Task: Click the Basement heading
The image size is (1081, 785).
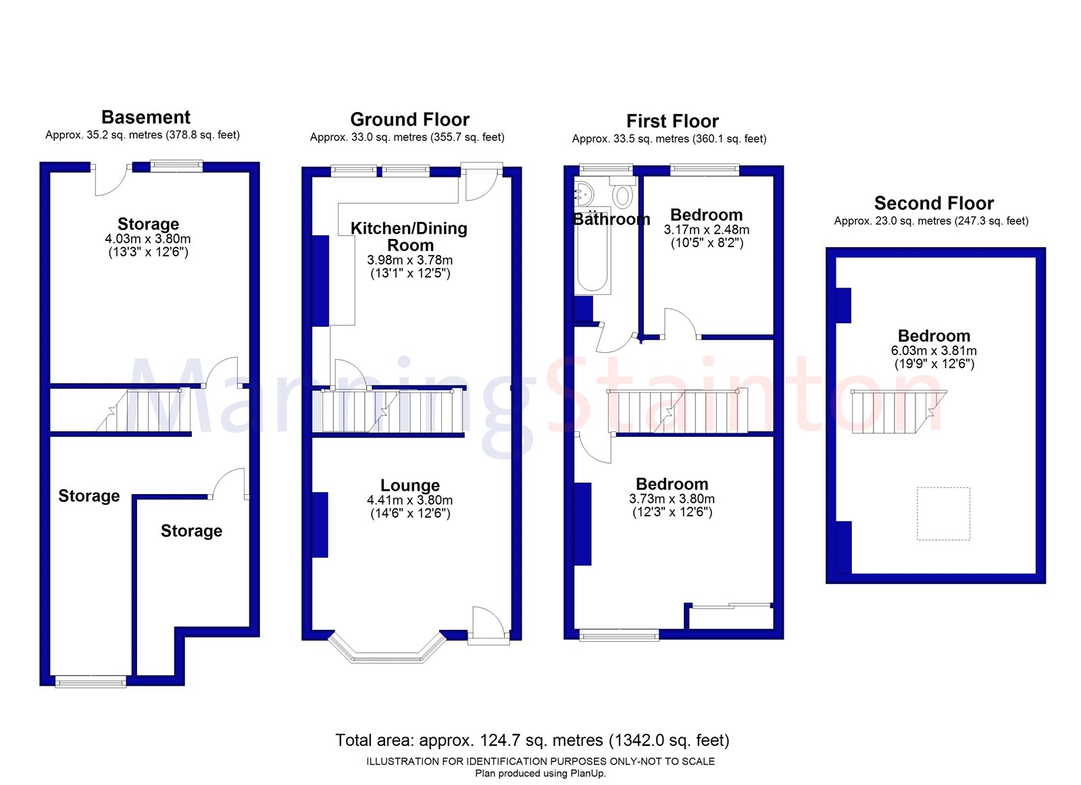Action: point(146,117)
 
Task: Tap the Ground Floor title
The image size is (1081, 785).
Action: point(409,119)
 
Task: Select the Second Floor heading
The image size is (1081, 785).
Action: point(934,203)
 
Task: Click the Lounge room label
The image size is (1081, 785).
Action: point(410,485)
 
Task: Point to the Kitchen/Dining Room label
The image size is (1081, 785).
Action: point(409,236)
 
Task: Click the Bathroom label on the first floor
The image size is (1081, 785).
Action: point(611,219)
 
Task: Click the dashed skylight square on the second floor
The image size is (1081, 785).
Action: point(943,514)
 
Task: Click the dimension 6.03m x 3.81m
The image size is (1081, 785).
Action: point(934,351)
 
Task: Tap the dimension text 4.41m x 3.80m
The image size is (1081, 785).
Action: point(410,500)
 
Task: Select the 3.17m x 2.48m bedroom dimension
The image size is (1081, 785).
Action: point(707,230)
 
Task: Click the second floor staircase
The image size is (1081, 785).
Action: point(895,412)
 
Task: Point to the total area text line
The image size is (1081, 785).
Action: point(532,740)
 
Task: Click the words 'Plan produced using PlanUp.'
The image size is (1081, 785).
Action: point(540,774)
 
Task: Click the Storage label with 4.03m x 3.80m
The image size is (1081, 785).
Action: point(148,224)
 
